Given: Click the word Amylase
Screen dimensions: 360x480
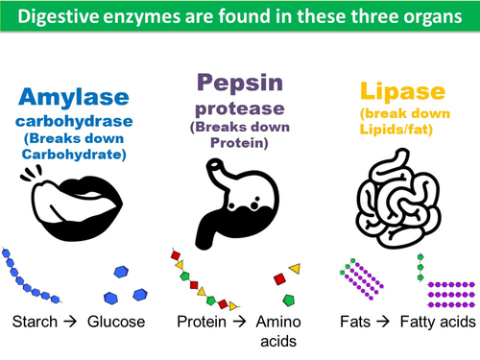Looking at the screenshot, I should pyautogui.click(x=70, y=99).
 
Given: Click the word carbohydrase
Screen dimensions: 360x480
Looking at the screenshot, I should pyautogui.click(x=70, y=123).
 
